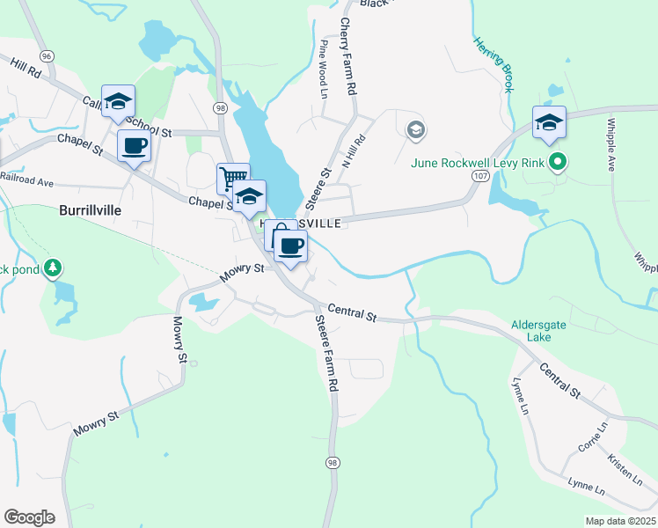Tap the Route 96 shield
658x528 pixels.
(47, 55)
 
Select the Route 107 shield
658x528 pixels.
(479, 176)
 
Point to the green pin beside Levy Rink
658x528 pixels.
(557, 162)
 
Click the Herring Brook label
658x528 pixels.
(493, 64)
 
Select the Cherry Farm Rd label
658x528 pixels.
(347, 57)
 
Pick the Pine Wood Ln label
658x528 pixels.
(325, 70)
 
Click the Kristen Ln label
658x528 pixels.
(625, 470)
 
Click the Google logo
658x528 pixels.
(29, 517)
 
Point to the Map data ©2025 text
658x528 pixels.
(620, 521)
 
